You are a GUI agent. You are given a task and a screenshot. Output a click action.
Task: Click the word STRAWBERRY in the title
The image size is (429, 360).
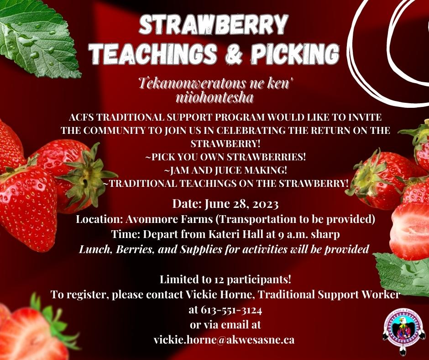pos(214,25)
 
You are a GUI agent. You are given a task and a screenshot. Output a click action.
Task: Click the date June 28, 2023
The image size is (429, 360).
pos(241,204)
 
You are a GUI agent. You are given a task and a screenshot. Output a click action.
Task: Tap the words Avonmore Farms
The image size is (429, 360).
pos(169,219)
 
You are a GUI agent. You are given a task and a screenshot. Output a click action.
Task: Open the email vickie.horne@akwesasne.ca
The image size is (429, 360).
pos(224,340)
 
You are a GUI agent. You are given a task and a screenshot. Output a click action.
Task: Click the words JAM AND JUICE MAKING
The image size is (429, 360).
pos(228,170)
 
